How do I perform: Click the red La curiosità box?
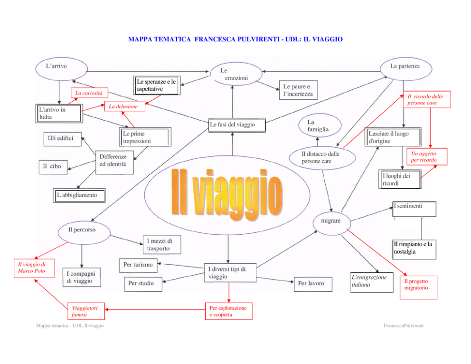[x=89, y=93]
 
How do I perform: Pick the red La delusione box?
[x=125, y=106]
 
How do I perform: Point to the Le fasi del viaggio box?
[x=237, y=125]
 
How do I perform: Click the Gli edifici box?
[x=63, y=139]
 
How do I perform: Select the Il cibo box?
[x=53, y=167]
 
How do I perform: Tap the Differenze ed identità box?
[x=114, y=163]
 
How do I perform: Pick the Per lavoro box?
[x=313, y=284]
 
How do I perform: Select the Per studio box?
[x=143, y=284]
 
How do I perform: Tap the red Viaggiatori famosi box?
[x=86, y=311]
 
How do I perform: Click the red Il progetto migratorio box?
[x=418, y=287]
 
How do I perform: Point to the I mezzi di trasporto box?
[x=162, y=244]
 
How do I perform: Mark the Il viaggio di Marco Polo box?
[x=34, y=268]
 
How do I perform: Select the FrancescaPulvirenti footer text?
[x=404, y=326]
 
